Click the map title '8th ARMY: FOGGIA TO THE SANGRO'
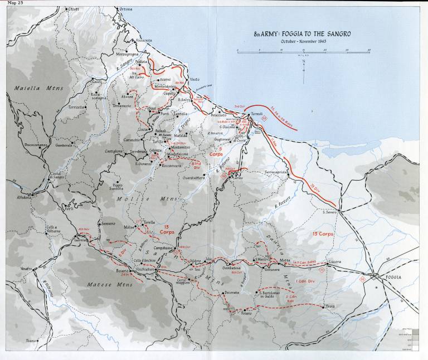303,34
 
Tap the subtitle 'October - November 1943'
303,41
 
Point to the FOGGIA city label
397,276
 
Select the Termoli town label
257,114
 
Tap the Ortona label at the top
127,9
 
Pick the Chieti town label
74,9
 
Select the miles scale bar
304,51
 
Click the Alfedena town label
24,197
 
